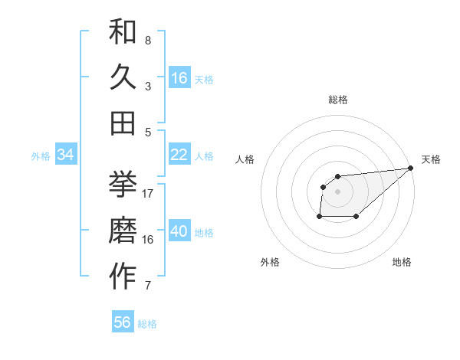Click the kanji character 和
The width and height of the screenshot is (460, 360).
[123, 33]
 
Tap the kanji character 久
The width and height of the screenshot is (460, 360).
[123, 77]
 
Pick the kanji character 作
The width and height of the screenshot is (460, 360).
[123, 277]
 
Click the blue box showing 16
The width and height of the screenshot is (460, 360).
[179, 78]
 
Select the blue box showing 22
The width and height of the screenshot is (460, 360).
[179, 155]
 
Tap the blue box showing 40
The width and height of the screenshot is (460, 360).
[179, 231]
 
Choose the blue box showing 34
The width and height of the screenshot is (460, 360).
[65, 155]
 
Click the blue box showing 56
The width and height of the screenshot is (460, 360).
[123, 322]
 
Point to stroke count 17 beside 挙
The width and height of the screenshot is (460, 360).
[148, 194]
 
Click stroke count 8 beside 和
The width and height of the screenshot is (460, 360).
[148, 41]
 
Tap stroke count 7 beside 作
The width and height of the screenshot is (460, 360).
[148, 286]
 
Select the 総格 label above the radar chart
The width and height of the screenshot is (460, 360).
[337, 100]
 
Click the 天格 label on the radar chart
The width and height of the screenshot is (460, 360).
[431, 159]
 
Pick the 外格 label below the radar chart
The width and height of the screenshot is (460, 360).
[270, 262]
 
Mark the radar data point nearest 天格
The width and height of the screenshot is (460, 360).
[410, 168]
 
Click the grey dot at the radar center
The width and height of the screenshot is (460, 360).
[337, 191]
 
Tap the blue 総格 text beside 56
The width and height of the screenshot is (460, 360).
[147, 324]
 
